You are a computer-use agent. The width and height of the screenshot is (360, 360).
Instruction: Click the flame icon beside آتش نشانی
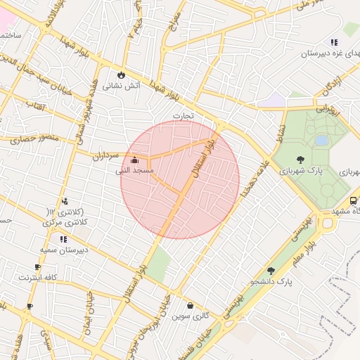(121, 74)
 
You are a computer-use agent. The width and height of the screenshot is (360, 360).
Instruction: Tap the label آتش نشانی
(122, 86)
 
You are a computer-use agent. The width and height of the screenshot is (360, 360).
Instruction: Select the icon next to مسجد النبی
(135, 160)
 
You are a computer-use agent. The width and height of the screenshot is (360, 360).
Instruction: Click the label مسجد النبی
(135, 171)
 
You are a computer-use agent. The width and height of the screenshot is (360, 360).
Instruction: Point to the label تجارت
(183, 115)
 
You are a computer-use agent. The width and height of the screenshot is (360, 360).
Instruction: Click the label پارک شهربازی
(300, 171)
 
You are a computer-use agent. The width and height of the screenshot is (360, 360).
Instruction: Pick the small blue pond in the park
(321, 141)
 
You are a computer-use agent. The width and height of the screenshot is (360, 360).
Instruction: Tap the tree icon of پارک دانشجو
(271, 271)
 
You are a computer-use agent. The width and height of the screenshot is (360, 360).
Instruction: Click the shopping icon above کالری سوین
(191, 305)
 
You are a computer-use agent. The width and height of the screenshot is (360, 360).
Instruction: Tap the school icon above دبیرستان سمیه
(64, 239)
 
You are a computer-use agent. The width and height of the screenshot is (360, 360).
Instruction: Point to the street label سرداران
(106, 156)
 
